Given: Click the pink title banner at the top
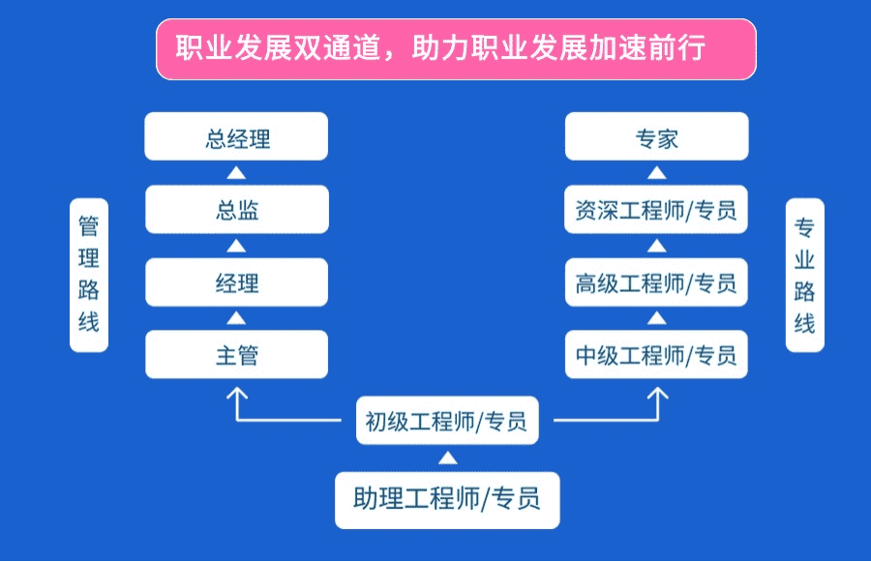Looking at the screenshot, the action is (456, 49).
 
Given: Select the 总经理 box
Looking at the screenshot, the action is (236, 136).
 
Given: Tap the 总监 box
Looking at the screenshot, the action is (237, 209).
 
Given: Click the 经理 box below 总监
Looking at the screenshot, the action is (237, 282).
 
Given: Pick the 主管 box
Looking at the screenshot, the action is (237, 354).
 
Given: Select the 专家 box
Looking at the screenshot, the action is (656, 136).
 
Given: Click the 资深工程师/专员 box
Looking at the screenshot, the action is (656, 209).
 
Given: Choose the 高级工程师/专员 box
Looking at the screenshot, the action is (656, 282).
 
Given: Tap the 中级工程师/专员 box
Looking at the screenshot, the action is (656, 354).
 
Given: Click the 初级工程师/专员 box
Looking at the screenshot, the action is (447, 421).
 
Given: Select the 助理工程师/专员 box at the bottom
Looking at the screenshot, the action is (447, 500).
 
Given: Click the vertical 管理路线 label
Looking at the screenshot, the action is (89, 275).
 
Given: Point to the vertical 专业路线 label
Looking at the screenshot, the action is (805, 275).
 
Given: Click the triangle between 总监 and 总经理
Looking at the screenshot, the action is (236, 173).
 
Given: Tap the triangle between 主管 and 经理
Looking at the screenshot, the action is (236, 318).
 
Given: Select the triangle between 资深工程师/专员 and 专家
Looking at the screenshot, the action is (656, 173).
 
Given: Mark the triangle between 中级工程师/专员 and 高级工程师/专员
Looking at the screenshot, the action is (656, 318).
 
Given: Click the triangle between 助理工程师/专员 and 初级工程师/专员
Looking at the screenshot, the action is (448, 458).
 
